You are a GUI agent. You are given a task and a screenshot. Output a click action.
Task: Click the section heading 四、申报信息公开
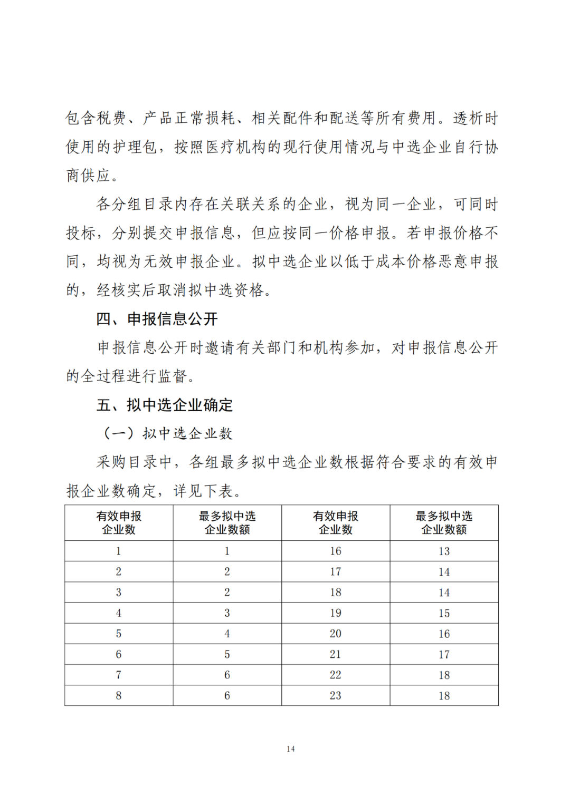(x=157, y=319)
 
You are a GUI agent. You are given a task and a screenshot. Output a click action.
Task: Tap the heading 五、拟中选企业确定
(x=164, y=405)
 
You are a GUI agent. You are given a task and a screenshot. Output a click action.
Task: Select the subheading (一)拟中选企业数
(x=167, y=433)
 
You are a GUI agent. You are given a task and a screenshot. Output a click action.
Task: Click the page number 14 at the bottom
(x=290, y=749)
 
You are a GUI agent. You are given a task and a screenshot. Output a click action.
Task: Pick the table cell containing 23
(x=336, y=695)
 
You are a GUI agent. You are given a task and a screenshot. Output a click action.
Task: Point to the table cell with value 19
(x=336, y=613)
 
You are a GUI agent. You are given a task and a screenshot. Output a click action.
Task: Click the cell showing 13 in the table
(x=444, y=551)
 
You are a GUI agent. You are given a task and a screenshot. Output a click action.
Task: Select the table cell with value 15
(x=444, y=613)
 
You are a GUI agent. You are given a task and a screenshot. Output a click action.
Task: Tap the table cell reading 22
(x=336, y=675)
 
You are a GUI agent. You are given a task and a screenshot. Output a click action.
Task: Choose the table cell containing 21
(x=336, y=654)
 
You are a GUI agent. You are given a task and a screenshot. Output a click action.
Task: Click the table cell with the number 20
(x=336, y=634)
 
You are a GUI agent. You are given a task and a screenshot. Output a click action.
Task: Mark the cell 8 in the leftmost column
(x=119, y=695)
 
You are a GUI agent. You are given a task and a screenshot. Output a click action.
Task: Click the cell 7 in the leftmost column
(x=119, y=675)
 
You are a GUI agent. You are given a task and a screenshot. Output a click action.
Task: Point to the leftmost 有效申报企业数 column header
(x=119, y=522)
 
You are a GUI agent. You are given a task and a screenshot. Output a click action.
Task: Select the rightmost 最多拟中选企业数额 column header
(x=444, y=522)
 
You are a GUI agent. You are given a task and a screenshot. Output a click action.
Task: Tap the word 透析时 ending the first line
(x=476, y=118)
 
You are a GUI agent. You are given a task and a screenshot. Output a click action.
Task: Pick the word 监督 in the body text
(x=173, y=376)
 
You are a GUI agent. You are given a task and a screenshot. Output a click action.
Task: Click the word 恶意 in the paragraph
(x=452, y=261)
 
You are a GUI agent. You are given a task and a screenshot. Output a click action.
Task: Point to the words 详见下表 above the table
(x=203, y=491)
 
